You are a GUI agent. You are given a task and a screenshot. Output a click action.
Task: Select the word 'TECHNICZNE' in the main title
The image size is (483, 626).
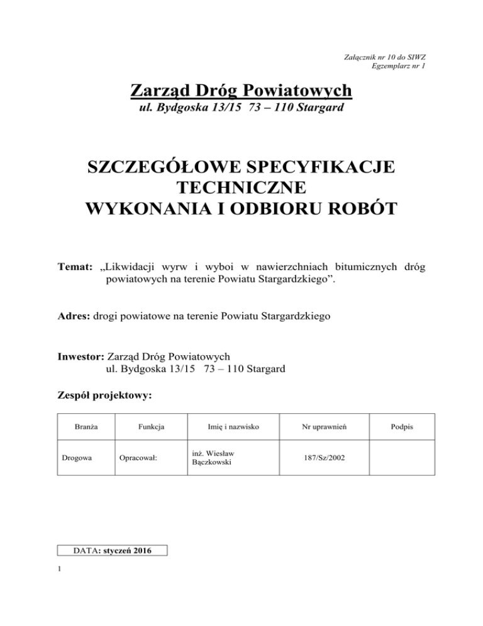coord(241,188)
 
